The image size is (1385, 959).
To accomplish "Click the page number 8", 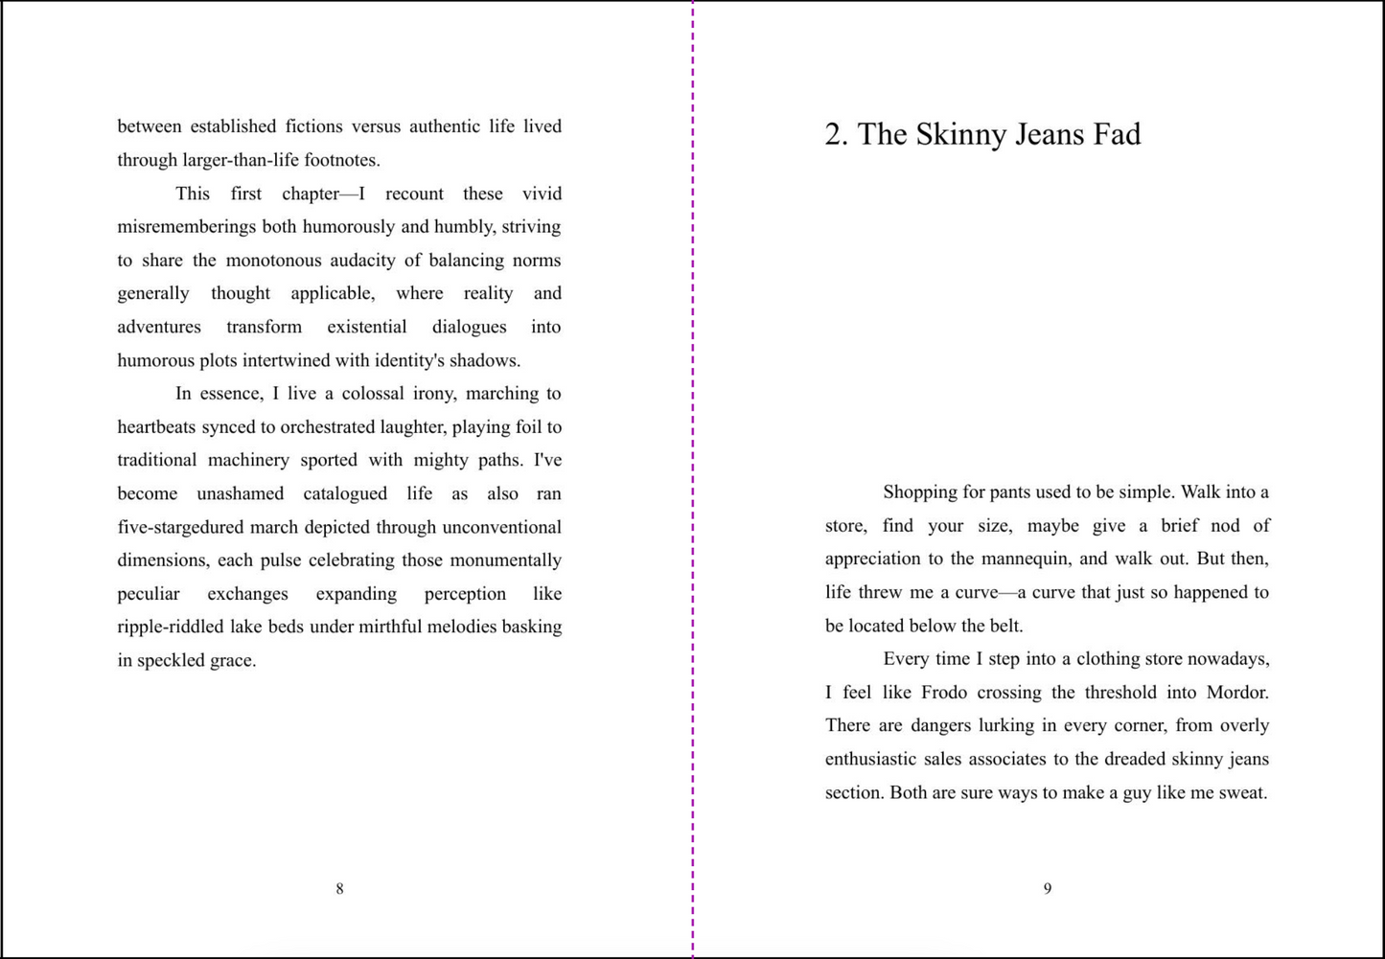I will (339, 889).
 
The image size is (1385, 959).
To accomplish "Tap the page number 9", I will (1048, 889).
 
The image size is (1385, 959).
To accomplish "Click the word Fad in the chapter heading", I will (1117, 134).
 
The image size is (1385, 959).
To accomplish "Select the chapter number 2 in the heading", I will (833, 134).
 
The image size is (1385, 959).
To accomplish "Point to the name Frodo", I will (944, 693).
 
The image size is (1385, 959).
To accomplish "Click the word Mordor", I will (1237, 693).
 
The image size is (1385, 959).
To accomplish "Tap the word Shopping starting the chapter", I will (920, 492).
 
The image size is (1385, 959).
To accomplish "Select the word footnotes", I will (341, 160).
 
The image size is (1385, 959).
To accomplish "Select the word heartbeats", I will (156, 427).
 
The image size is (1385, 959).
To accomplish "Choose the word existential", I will (366, 328).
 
